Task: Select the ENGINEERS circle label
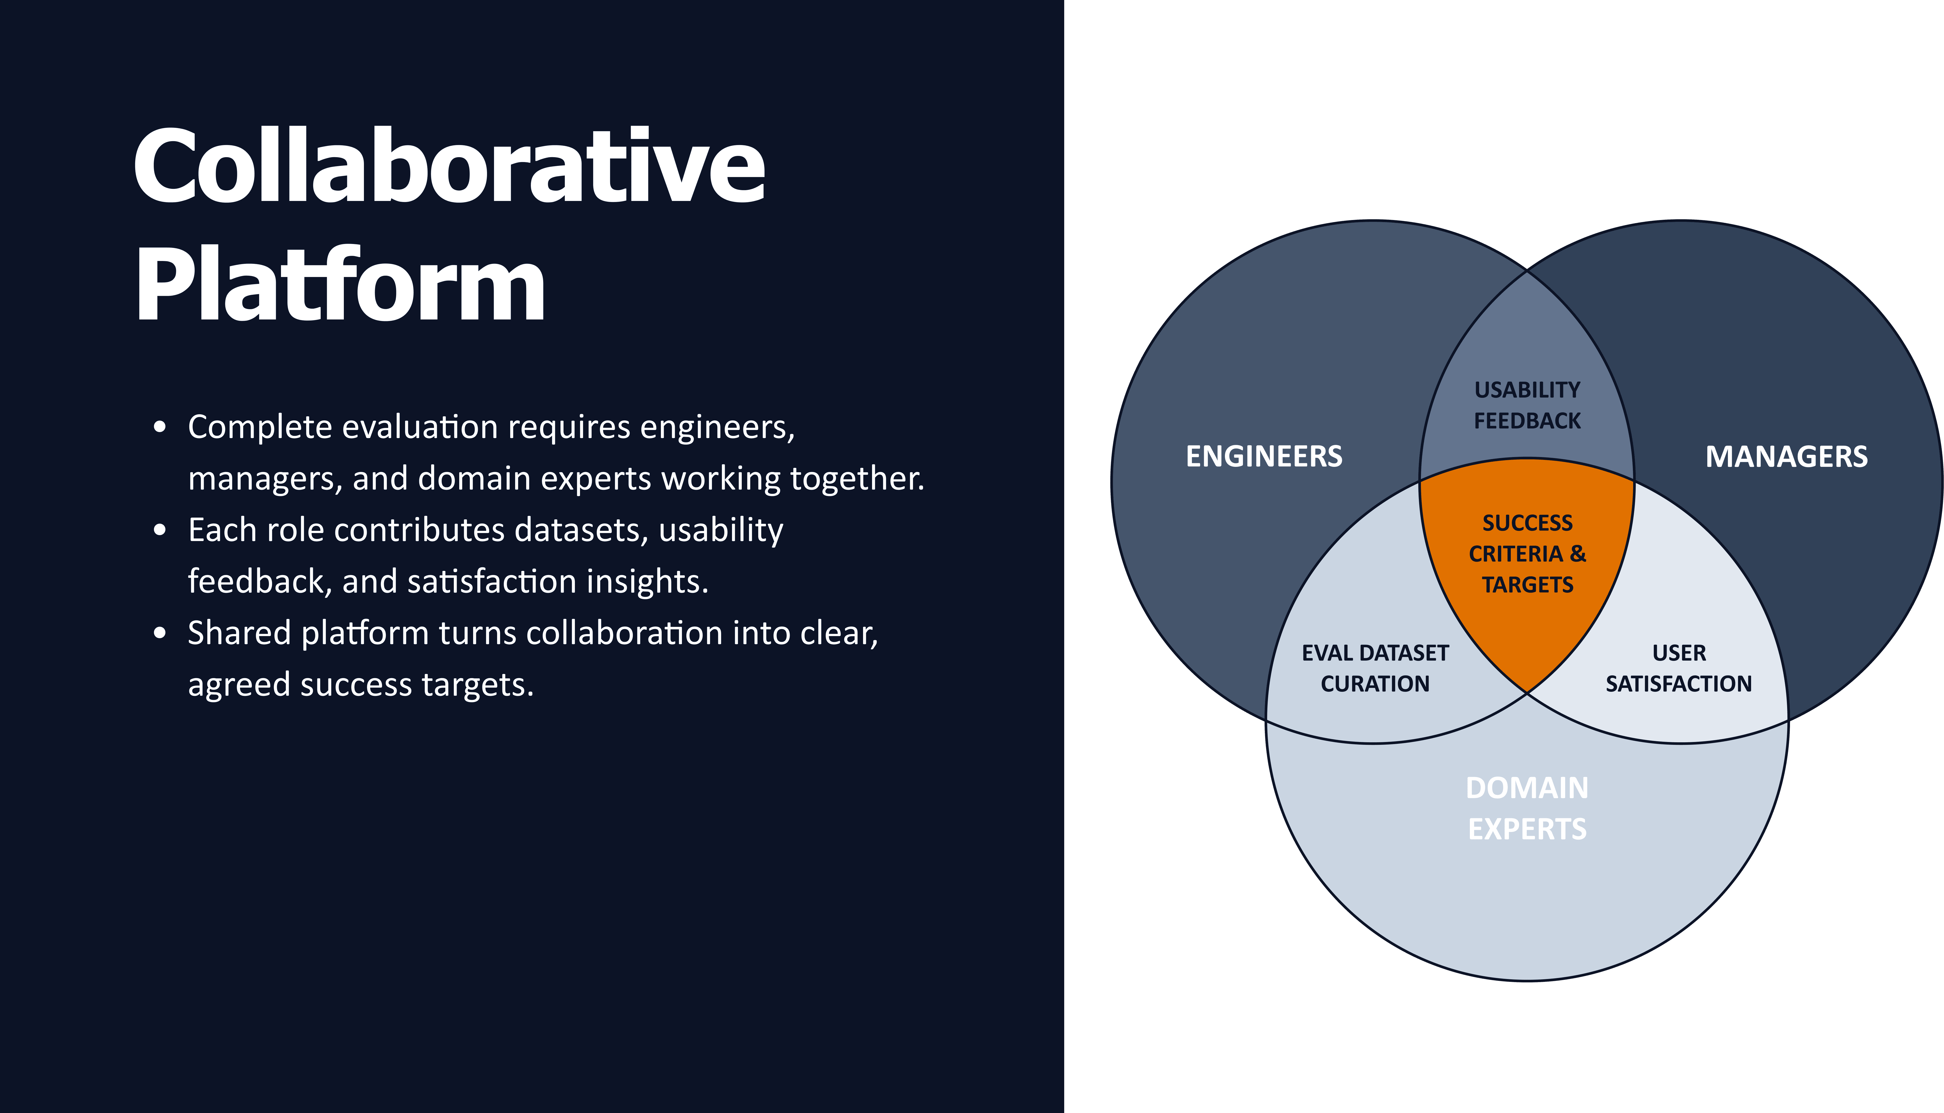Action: pos(1264,456)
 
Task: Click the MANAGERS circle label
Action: pos(1787,456)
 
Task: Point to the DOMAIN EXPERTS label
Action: pos(1527,808)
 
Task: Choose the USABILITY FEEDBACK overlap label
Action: pos(1527,405)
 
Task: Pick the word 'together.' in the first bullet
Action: pos(857,478)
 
